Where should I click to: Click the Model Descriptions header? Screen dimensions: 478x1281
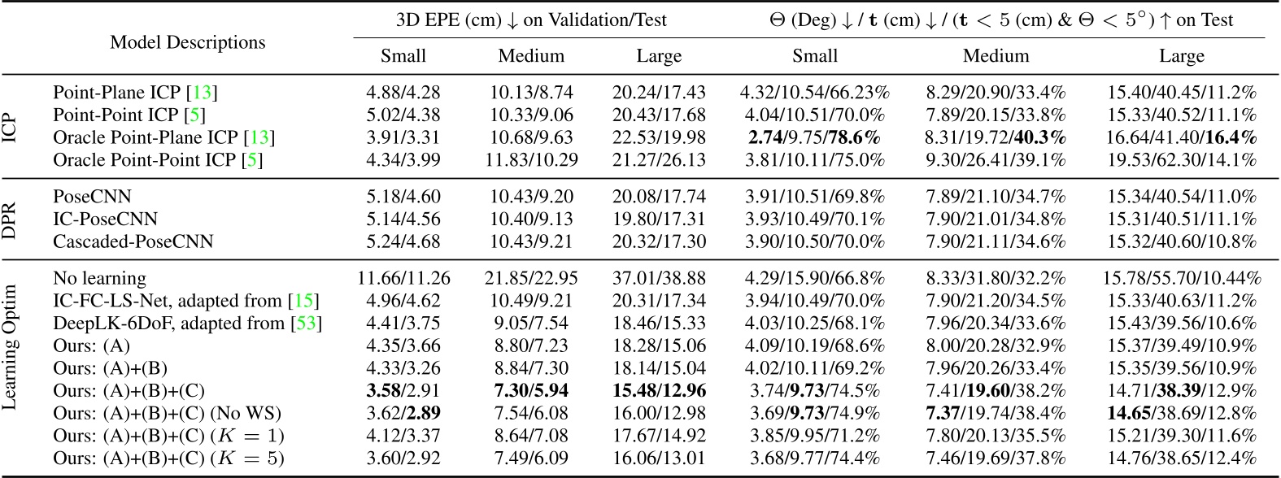pyautogui.click(x=188, y=42)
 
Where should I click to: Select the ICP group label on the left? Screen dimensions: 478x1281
pyautogui.click(x=10, y=127)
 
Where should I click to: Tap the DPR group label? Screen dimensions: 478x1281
pyautogui.click(x=10, y=219)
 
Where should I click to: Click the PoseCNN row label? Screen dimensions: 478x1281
pyautogui.click(x=92, y=197)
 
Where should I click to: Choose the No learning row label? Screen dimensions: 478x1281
pyautogui.click(x=99, y=279)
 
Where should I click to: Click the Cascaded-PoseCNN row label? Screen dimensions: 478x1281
pyautogui.click(x=133, y=241)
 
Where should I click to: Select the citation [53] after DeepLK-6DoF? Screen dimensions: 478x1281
pyautogui.click(x=307, y=324)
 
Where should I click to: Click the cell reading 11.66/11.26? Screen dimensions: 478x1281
pyautogui.click(x=403, y=279)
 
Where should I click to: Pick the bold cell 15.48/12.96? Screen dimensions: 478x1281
pyautogui.click(x=659, y=390)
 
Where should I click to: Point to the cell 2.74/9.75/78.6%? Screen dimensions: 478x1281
pyautogui.click(x=814, y=137)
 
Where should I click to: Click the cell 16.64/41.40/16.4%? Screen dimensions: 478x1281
pyautogui.click(x=1181, y=137)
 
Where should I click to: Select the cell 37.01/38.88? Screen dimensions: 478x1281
pyautogui.click(x=659, y=279)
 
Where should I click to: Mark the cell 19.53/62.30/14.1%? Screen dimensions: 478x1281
pyautogui.click(x=1181, y=160)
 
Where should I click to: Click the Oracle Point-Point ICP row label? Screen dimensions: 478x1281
pyautogui.click(x=158, y=160)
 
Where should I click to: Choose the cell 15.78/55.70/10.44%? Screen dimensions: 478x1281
pyautogui.click(x=1181, y=279)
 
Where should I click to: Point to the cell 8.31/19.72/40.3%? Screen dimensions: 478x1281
pyautogui.click(x=996, y=137)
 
